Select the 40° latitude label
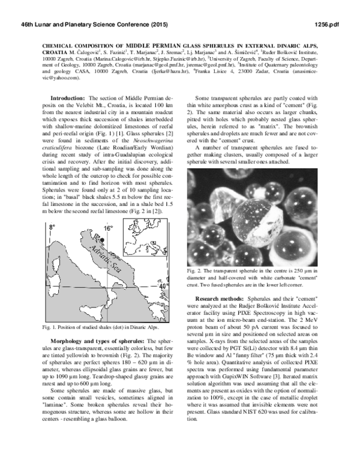click(x=163, y=286)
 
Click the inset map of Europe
click(x=142, y=238)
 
